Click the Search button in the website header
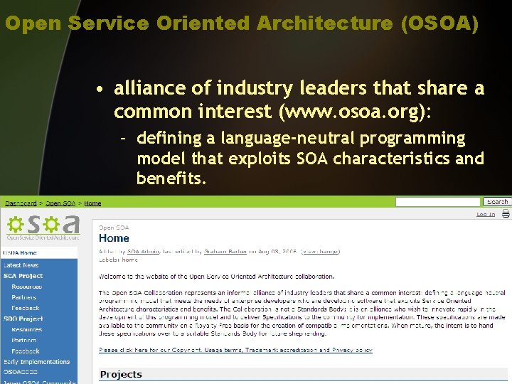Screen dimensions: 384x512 click(497, 202)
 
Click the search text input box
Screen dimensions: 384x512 click(438, 202)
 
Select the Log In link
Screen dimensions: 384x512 click(486, 214)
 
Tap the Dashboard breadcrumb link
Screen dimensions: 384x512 click(21, 203)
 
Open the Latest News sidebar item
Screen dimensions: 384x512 click(21, 265)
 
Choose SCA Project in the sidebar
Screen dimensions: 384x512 click(23, 276)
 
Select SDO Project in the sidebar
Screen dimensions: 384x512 click(23, 319)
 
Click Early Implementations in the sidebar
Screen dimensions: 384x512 click(37, 362)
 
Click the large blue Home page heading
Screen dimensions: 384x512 click(114, 238)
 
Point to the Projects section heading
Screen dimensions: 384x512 click(121, 375)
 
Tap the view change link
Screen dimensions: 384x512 click(319, 251)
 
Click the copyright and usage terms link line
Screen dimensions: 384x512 click(235, 351)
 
